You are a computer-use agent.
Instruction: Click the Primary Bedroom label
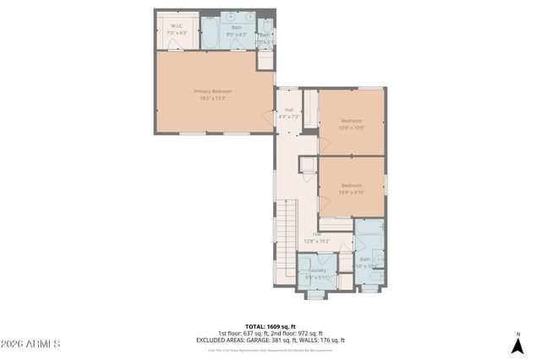pos(213,91)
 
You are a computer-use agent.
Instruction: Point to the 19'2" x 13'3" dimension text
pos(213,99)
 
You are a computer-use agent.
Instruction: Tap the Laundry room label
pos(317,270)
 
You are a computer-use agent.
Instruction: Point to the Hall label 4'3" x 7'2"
pos(288,110)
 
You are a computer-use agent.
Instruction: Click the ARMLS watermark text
pos(31,345)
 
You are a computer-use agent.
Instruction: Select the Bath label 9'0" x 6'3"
pos(237,30)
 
